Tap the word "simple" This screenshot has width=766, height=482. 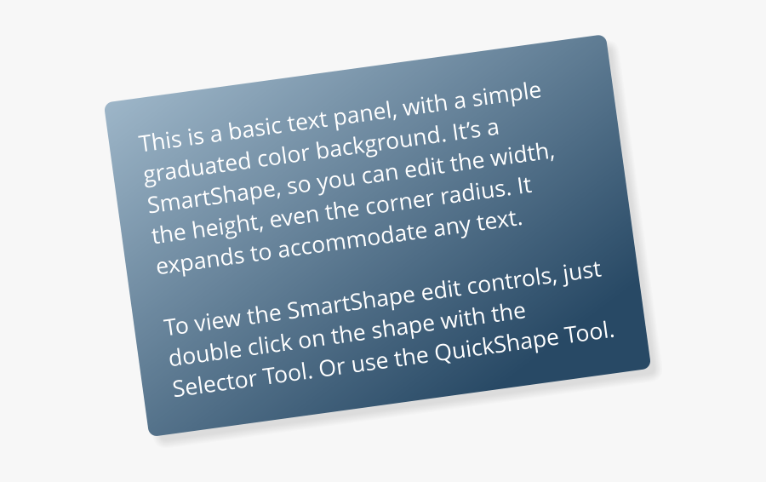point(506,95)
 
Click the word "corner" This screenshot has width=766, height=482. point(399,202)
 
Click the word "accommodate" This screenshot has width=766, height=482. point(352,238)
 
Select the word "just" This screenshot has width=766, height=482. point(581,272)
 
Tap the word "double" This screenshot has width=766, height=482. point(206,352)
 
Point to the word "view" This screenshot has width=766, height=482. point(217,318)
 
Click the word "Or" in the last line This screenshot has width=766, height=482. point(332,367)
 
